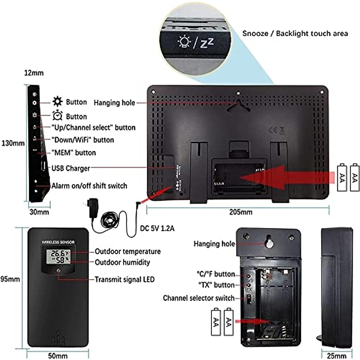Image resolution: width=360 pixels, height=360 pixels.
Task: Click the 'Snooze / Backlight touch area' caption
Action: pyautogui.click(x=295, y=33)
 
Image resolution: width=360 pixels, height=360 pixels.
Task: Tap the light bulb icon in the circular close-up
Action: pyautogui.click(x=184, y=42)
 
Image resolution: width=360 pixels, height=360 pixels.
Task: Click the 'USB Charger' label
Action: pyautogui.click(x=71, y=168)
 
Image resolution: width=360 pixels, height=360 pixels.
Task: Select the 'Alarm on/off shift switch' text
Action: pyautogui.click(x=89, y=186)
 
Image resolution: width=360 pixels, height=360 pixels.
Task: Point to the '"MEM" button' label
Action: pyautogui.click(x=74, y=153)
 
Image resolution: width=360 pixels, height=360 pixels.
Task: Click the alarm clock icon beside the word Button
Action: pyautogui.click(x=57, y=116)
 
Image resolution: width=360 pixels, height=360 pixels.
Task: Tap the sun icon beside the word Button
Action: pyautogui.click(x=57, y=102)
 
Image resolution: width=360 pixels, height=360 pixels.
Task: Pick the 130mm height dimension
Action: pyautogui.click(x=13, y=143)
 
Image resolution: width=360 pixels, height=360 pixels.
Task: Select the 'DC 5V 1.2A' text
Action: pyautogui.click(x=157, y=229)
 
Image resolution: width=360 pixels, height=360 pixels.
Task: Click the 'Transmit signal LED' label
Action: pyautogui.click(x=124, y=280)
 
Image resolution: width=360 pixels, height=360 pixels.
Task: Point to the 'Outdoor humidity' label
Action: pyautogui.click(x=122, y=262)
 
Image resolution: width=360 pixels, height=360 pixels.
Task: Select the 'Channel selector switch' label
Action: pyautogui.click(x=199, y=298)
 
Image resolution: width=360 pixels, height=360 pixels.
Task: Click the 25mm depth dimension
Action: pyautogui.click(x=336, y=356)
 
